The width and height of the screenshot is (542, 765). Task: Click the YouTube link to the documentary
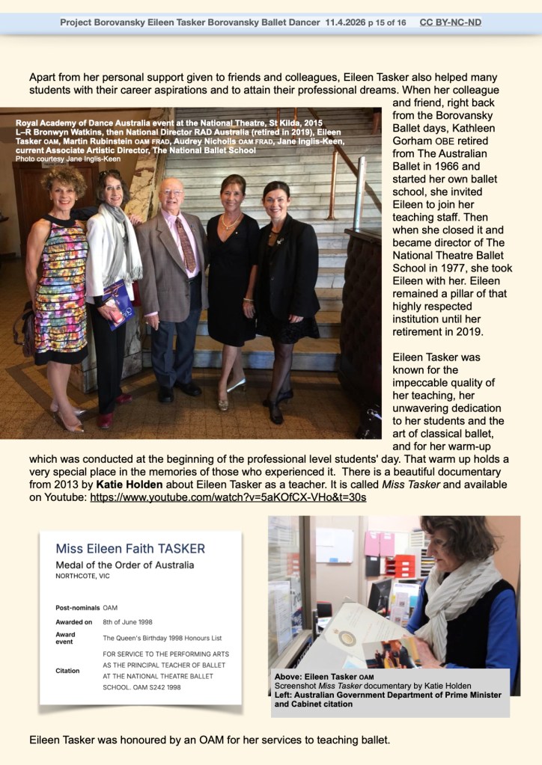(228, 497)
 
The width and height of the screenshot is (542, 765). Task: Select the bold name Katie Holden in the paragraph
(129, 485)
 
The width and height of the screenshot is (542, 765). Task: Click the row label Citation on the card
(67, 671)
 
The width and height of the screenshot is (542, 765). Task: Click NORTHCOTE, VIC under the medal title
(87, 577)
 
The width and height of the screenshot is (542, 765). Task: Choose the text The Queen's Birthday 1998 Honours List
(162, 638)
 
